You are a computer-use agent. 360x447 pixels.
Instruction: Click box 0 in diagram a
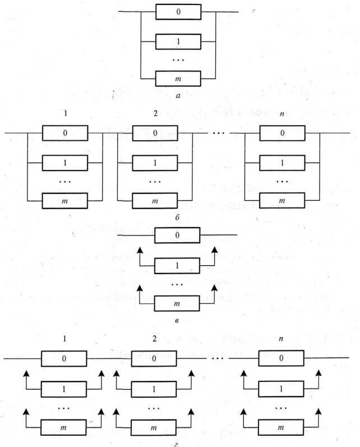pyautogui.click(x=178, y=12)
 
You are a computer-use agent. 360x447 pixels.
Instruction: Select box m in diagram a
pyautogui.click(x=178, y=79)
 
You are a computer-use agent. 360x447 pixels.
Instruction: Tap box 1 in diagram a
pyautogui.click(x=178, y=42)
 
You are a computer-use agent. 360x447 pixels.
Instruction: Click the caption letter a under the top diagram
pyautogui.click(x=178, y=96)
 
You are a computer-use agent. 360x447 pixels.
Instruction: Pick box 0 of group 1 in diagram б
pyautogui.click(x=64, y=133)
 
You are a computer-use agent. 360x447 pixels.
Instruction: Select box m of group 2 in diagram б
pyautogui.click(x=154, y=200)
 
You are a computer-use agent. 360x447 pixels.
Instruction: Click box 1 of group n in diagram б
pyautogui.click(x=281, y=163)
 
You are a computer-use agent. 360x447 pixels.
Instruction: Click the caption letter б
pyautogui.click(x=177, y=216)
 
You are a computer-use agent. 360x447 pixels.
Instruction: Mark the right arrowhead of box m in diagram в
pyautogui.click(x=215, y=287)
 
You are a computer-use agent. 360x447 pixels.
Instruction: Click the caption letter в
pyautogui.click(x=177, y=321)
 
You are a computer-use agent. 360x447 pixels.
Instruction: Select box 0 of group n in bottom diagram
pyautogui.click(x=281, y=358)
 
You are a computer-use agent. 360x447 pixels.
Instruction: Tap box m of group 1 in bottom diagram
pyautogui.click(x=64, y=426)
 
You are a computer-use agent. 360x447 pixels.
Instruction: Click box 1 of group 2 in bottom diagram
pyautogui.click(x=154, y=388)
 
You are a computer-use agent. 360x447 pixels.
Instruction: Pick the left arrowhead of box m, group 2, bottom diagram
pyautogui.click(x=116, y=411)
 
